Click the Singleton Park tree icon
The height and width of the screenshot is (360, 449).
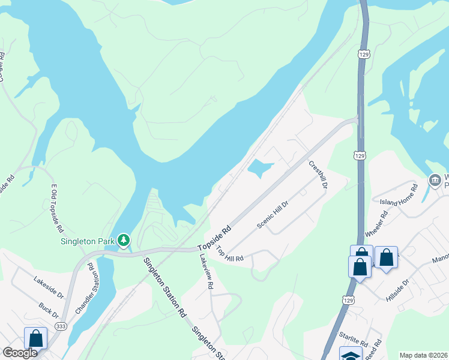[124, 241]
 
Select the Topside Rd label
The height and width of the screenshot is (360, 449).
[214, 238]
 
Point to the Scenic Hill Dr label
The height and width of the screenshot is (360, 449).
[273, 214]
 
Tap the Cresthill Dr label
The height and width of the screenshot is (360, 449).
[318, 175]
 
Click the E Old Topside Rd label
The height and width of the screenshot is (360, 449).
[56, 208]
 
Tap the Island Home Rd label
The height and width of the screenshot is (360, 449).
[399, 196]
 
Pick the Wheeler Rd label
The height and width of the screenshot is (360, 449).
[376, 223]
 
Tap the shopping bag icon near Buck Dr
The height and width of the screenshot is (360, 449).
[35, 338]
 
